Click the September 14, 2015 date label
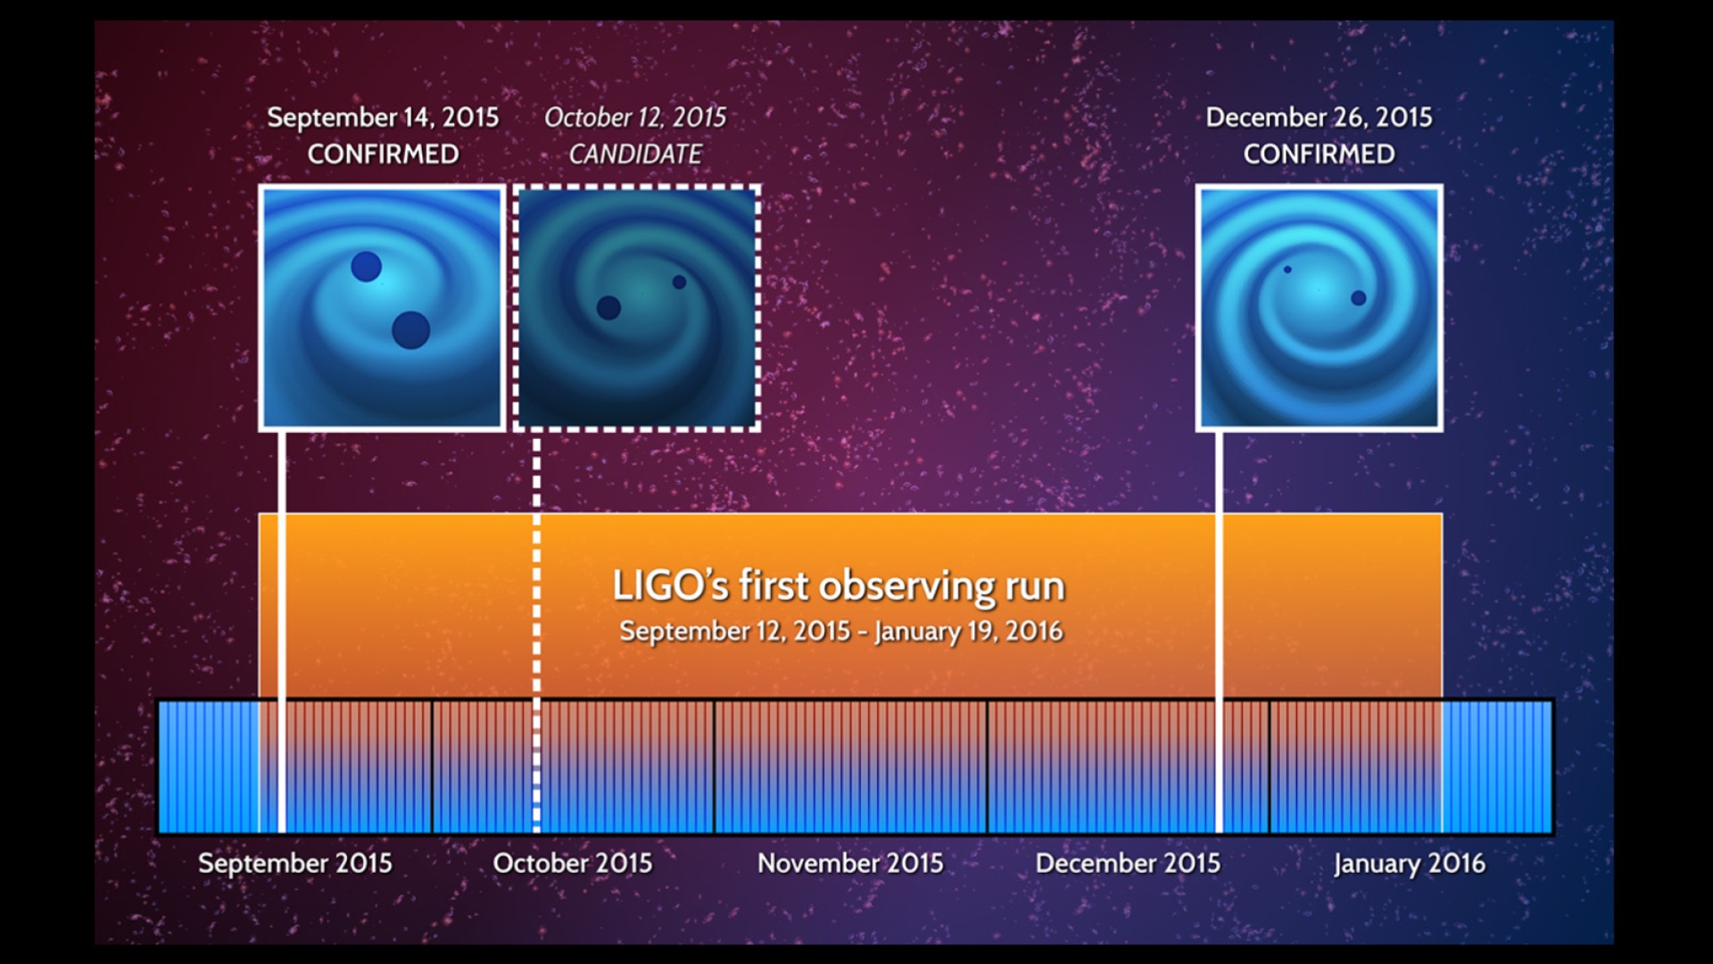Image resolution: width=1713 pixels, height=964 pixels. tap(383, 117)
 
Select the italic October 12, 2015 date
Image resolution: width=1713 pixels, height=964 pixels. tap(635, 117)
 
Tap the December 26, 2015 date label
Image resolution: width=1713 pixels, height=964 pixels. tap(1319, 117)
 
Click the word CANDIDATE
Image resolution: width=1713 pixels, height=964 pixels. tap(635, 154)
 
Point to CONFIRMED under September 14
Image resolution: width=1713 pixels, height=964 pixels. tap(383, 154)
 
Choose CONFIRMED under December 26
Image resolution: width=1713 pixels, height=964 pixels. tap(1319, 154)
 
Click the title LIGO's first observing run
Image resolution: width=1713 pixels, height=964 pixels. tap(839, 586)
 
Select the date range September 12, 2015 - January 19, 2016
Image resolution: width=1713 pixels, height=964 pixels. tap(841, 631)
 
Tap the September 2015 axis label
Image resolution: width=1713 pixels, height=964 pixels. tap(294, 863)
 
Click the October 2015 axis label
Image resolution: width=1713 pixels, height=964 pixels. tap(572, 863)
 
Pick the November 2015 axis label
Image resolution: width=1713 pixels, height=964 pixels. tap(850, 863)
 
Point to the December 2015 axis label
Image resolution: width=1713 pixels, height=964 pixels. tap(1128, 863)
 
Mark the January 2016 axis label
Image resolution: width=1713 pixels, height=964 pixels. tap(1410, 864)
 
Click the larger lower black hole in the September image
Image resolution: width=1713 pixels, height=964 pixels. tap(411, 330)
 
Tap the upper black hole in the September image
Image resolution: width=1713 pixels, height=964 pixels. tap(366, 266)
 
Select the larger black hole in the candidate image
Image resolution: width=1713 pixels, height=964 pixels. tap(608, 308)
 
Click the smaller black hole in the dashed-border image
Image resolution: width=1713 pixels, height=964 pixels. tap(679, 282)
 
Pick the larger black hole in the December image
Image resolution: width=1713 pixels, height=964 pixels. tap(1359, 298)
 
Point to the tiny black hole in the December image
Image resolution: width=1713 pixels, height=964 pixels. tap(1287, 270)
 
